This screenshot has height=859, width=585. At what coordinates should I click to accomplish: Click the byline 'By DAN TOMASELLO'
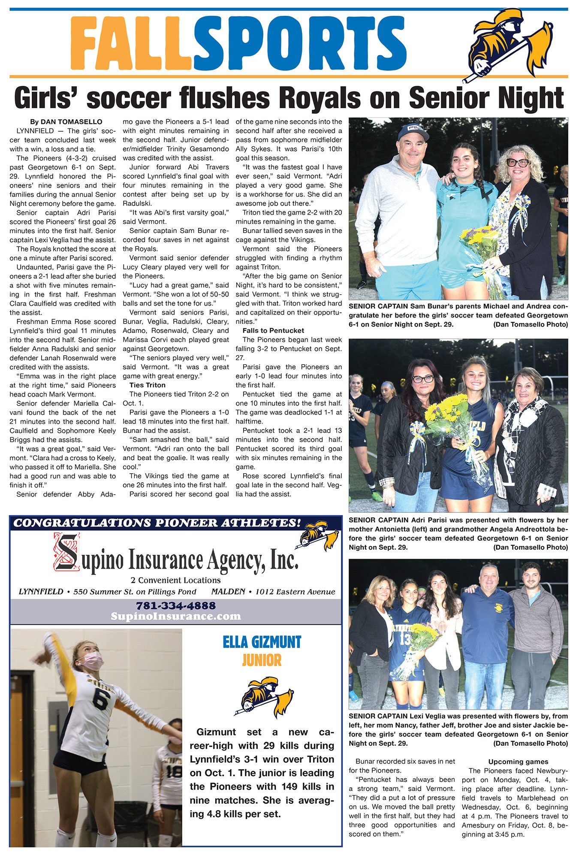(x=66, y=122)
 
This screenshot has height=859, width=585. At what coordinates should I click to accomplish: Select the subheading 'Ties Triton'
(x=147, y=385)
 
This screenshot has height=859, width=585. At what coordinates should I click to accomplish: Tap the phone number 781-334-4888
(x=175, y=606)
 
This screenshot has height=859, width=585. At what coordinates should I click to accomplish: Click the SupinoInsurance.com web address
(x=175, y=616)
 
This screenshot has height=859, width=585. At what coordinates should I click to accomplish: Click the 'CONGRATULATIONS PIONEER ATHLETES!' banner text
(x=157, y=523)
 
